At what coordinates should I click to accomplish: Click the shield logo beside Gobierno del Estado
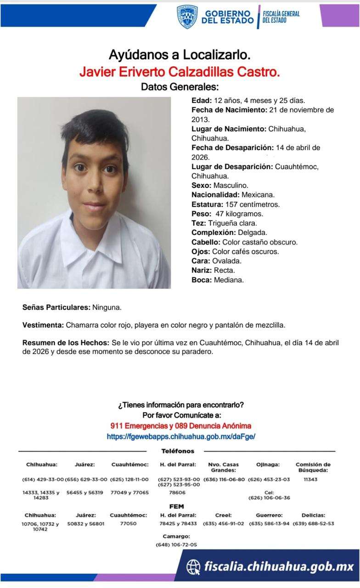187,17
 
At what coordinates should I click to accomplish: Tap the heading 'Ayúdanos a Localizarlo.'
180,55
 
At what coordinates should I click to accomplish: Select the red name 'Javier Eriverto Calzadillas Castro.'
180,72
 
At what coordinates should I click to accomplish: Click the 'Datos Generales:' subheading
180,87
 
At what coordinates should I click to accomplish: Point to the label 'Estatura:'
208,204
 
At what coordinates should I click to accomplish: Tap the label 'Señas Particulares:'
56,307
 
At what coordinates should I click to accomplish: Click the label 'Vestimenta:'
43,325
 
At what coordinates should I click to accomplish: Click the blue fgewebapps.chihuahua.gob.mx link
181,436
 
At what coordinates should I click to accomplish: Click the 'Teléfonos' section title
178,451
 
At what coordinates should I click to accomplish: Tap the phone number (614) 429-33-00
43,480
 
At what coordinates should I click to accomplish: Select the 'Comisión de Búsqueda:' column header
313,467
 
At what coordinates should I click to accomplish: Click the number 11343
310,480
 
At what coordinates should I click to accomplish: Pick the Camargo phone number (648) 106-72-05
176,545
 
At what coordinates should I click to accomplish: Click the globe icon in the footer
193,567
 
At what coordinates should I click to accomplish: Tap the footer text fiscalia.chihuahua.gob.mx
279,566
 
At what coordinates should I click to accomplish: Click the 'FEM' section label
176,506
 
